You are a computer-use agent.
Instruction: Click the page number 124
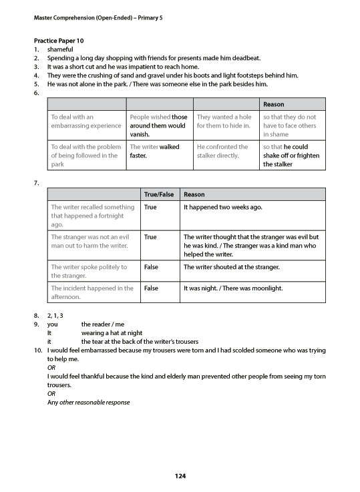pyautogui.click(x=180, y=475)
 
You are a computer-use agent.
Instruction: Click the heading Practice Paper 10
pyautogui.click(x=61, y=41)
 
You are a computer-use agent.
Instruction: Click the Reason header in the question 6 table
pyautogui.click(x=273, y=104)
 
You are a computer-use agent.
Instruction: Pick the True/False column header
pyautogui.click(x=158, y=194)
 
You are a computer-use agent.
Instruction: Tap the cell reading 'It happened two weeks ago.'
pyautogui.click(x=222, y=208)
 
